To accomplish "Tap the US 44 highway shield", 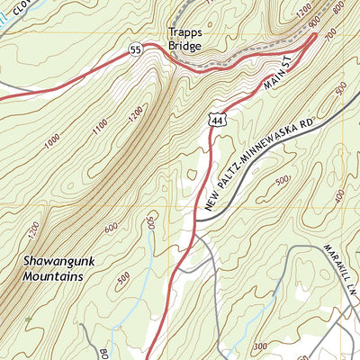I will tap(217, 118).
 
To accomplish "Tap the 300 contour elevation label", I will tap(261, 346).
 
